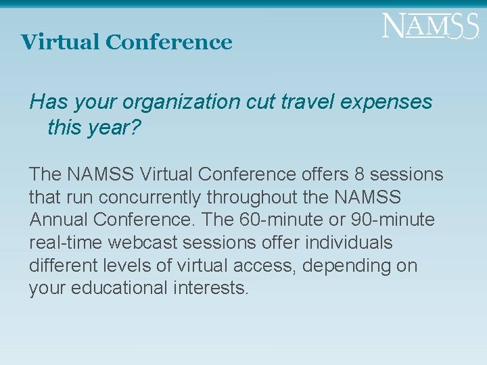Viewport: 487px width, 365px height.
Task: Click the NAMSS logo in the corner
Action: (430, 26)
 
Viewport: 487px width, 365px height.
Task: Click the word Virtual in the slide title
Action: (60, 42)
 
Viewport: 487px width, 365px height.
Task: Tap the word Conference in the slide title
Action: (168, 42)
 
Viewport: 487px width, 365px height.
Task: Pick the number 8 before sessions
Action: (359, 174)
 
